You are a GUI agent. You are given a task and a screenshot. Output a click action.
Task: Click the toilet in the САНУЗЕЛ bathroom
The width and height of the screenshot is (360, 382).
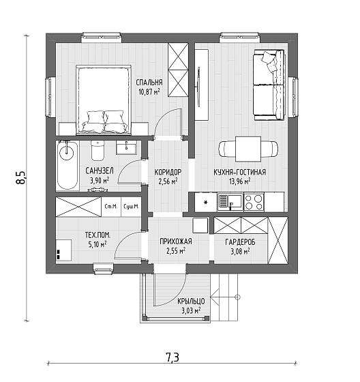pos(97,150)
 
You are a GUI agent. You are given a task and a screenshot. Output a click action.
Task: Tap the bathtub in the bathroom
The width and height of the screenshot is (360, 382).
pos(67,165)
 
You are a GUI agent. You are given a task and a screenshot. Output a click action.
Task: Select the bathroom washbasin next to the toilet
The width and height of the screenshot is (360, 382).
pos(126,147)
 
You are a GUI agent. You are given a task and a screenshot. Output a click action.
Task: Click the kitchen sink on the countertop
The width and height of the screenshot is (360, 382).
pos(230,202)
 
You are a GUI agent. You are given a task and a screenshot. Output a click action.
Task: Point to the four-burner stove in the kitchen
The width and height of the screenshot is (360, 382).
pos(254,202)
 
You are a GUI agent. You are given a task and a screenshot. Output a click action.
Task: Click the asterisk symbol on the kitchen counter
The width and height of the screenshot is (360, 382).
pos(206,203)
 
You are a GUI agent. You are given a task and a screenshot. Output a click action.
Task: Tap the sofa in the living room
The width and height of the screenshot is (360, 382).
pos(269,85)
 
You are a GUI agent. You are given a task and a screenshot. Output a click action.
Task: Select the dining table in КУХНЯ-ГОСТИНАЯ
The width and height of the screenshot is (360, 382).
pos(248,149)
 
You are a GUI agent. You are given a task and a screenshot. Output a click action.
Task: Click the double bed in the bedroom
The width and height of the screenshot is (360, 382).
pos(104,100)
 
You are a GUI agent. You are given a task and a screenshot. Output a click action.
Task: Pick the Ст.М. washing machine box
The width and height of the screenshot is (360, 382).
pos(111,207)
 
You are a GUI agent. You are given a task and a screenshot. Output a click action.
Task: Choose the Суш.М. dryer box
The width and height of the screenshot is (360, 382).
pos(132,207)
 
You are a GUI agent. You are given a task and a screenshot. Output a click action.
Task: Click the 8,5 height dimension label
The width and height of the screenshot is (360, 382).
pos(20,177)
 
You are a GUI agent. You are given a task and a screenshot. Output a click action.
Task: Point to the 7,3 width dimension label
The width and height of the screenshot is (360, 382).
pos(172,357)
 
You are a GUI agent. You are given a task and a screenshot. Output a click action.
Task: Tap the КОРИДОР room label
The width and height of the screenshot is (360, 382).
pos(168,172)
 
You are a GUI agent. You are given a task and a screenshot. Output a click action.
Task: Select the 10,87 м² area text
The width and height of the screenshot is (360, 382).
pos(149,92)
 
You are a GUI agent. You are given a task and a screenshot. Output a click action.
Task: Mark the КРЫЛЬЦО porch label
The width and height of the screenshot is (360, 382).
pos(191,302)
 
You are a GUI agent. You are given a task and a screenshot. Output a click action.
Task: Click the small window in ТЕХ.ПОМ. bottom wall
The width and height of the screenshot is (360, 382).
pos(104,267)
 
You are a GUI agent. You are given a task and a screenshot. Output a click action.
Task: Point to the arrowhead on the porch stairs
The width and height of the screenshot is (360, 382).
pos(214,297)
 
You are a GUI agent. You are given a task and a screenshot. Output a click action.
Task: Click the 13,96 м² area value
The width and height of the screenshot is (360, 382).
pos(240,181)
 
